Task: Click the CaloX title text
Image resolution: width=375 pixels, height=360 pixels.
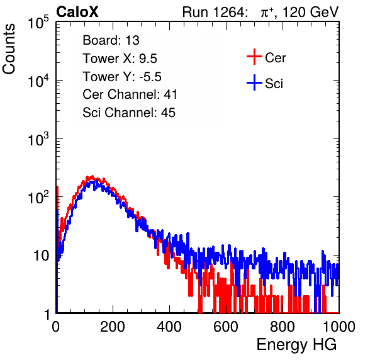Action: tap(77, 12)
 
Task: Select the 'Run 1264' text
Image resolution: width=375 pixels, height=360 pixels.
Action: tap(213, 12)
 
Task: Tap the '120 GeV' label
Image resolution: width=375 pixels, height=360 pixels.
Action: tap(310, 12)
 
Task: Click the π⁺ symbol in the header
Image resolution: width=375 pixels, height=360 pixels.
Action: tap(267, 12)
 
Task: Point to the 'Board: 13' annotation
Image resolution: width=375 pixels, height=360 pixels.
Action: tap(111, 40)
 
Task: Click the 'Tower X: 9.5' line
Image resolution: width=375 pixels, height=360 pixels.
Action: tap(120, 59)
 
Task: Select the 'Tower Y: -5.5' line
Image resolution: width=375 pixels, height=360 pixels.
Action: tap(122, 77)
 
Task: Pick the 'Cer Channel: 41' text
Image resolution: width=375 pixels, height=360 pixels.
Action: tap(130, 94)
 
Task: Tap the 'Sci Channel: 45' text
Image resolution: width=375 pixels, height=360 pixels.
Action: tap(129, 113)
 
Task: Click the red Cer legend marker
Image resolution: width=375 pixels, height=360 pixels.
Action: tap(254, 57)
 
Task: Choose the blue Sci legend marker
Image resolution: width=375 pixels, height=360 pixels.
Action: tap(254, 82)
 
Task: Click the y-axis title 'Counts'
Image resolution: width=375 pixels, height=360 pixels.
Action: tap(9, 49)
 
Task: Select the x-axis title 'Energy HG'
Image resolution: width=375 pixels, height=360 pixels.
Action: tap(296, 345)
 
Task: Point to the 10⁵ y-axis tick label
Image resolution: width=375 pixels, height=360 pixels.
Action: tap(38, 22)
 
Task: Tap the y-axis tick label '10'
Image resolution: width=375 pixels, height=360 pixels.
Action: tap(41, 256)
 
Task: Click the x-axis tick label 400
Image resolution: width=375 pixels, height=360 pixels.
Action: tap(169, 327)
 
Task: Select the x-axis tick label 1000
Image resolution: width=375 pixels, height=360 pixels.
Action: tap(339, 327)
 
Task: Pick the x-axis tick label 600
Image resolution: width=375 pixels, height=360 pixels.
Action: tap(226, 327)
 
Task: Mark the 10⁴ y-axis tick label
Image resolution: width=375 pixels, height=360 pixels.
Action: tap(38, 81)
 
